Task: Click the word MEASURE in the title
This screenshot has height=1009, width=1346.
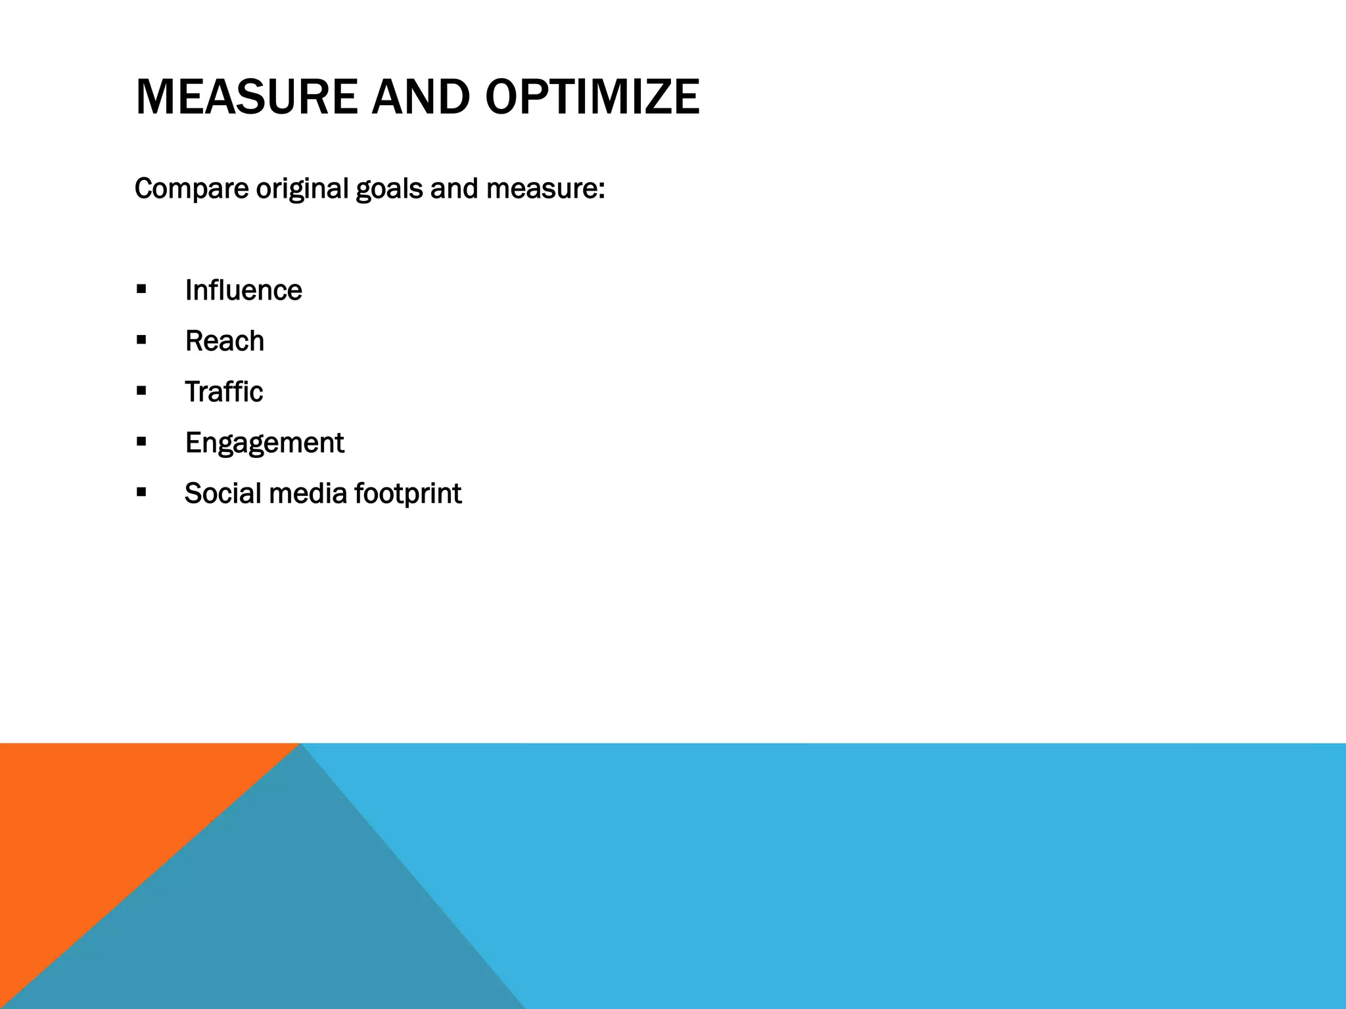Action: point(246,97)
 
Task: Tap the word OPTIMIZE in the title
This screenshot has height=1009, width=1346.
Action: point(592,97)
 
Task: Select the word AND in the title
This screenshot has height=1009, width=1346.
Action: point(421,97)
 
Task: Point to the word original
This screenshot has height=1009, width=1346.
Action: point(302,189)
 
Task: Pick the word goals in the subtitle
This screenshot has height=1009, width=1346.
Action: point(389,189)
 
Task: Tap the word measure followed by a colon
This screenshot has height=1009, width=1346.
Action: point(545,189)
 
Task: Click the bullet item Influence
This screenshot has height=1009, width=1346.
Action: point(243,290)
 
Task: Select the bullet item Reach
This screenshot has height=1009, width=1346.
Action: point(224,341)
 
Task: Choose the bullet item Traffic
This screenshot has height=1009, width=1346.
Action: point(223,392)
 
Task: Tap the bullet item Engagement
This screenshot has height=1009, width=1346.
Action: point(264,443)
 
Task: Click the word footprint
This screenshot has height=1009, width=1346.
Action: point(407,494)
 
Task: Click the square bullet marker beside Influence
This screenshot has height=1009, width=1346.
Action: point(141,289)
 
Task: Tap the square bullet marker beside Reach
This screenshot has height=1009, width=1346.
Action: point(141,340)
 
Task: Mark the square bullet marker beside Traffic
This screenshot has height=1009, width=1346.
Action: point(141,391)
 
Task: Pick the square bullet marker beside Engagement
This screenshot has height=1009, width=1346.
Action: point(141,441)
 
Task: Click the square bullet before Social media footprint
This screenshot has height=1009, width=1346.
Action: point(141,492)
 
